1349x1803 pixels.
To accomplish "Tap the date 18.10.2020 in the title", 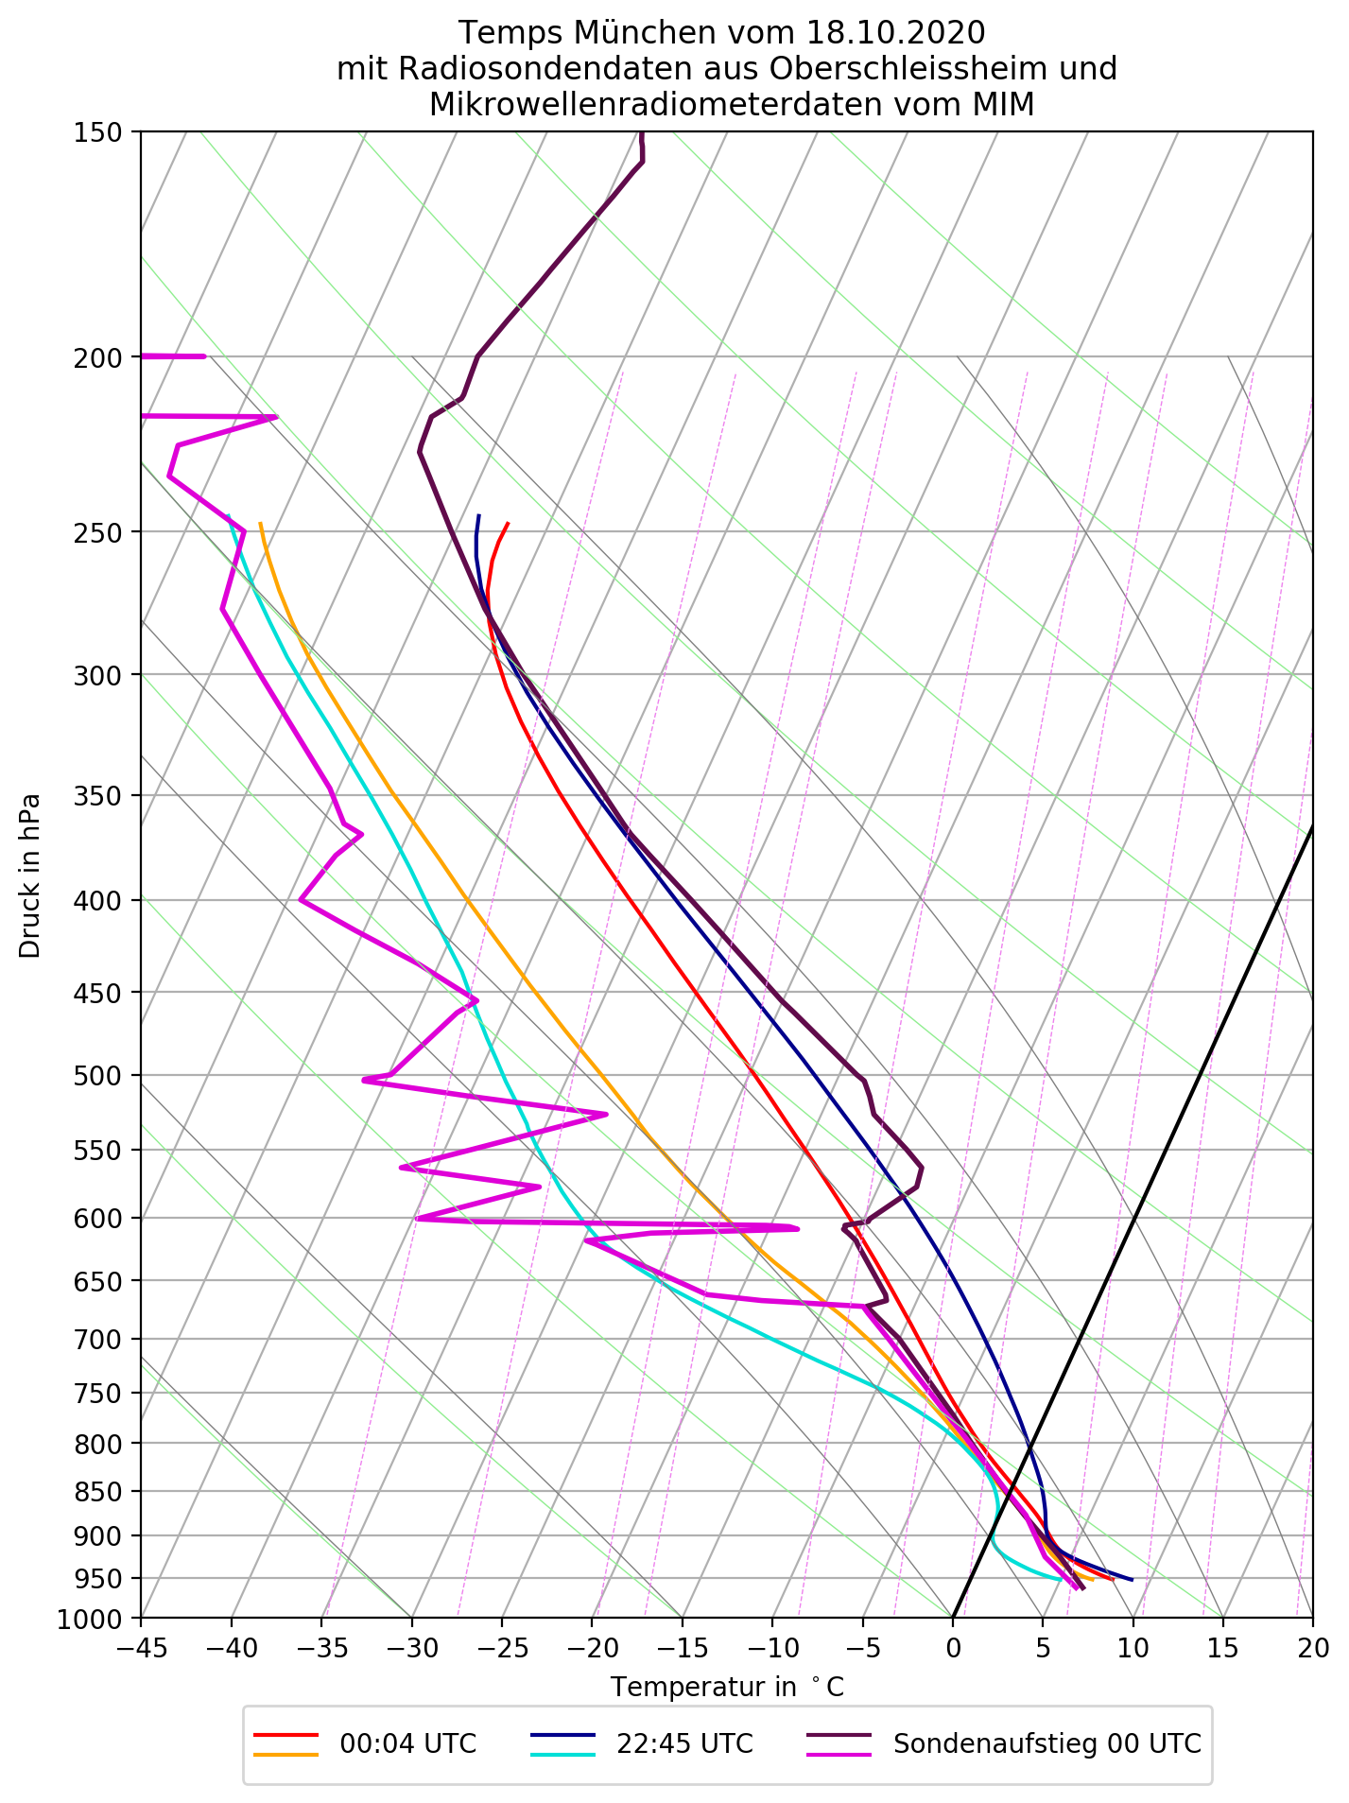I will tap(896, 33).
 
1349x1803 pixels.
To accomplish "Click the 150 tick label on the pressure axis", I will tap(96, 132).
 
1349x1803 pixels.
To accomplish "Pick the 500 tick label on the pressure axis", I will tap(96, 1076).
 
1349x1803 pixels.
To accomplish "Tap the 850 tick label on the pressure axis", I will tap(96, 1492).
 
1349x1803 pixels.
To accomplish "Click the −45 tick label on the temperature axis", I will tap(141, 1648).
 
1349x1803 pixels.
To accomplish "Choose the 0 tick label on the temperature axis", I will tap(953, 1648).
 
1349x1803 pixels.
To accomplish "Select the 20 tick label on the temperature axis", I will tap(1312, 1648).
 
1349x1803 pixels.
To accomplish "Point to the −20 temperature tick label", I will tap(592, 1648).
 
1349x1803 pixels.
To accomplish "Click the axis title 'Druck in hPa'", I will tap(30, 875).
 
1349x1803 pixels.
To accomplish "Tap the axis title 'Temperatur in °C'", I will tap(727, 1687).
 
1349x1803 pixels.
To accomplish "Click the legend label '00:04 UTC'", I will tap(407, 1743).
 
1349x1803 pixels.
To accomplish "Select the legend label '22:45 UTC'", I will tap(684, 1743).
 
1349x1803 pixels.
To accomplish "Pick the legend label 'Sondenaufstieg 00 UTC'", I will tap(1046, 1743).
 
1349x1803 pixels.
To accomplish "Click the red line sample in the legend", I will tap(286, 1735).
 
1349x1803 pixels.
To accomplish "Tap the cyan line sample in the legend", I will tap(562, 1754).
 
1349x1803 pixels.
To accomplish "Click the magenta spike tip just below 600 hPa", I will tap(797, 1228).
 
